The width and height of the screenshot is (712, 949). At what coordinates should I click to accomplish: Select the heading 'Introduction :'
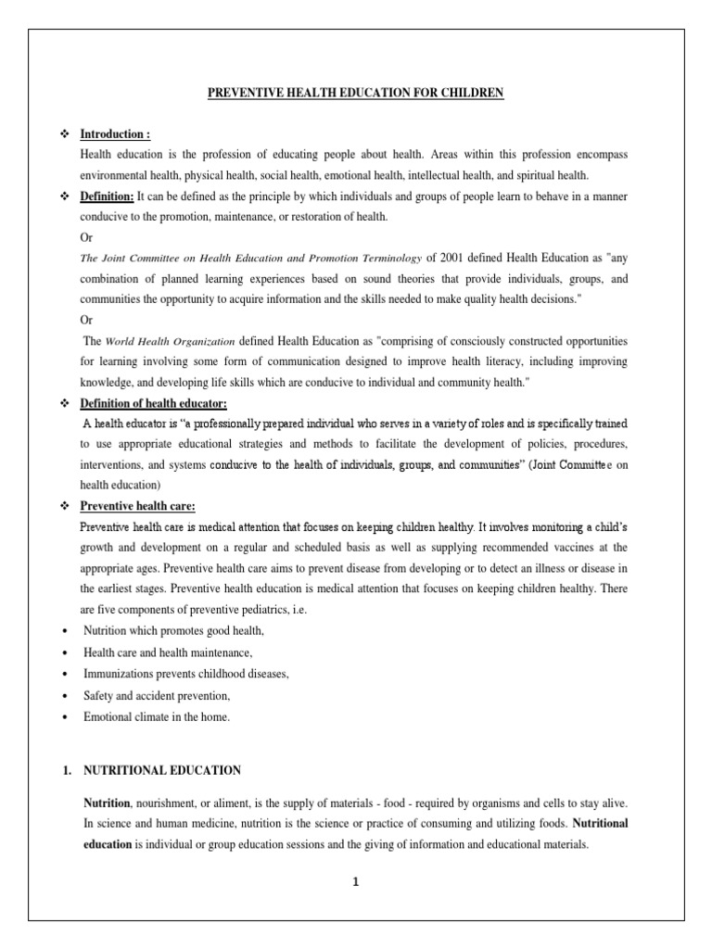click(x=116, y=134)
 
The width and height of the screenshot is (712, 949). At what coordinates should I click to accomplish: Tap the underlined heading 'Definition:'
click(x=108, y=196)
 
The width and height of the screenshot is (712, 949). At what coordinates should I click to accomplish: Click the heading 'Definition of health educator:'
click(x=153, y=405)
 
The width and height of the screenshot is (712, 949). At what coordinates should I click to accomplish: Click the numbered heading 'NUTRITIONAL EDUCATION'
click(x=162, y=770)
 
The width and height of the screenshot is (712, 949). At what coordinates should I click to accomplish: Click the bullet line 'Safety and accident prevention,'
click(x=157, y=695)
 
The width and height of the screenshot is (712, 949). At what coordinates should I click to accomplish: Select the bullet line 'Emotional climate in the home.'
click(x=157, y=716)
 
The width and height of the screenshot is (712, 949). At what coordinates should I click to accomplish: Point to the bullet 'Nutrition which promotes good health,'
click(x=174, y=631)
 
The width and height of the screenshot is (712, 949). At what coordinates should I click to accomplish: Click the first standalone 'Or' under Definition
click(x=87, y=237)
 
